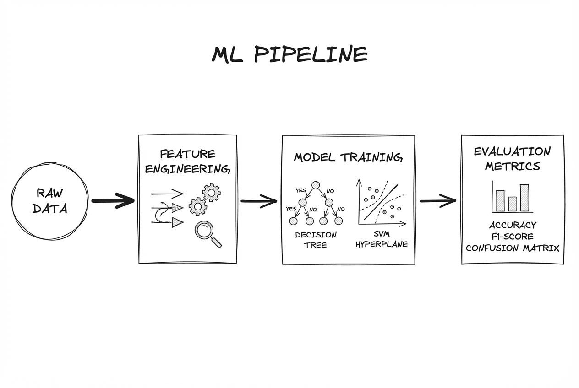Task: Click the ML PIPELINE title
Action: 289,54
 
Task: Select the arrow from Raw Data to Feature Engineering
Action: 113,200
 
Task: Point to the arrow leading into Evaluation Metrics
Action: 438,200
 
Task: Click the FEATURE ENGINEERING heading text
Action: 187,161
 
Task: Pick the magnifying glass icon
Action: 205,232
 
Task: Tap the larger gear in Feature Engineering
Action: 211,193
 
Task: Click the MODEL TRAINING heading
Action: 348,157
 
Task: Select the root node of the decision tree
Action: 315,185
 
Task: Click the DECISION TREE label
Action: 315,240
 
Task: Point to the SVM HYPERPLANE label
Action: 382,240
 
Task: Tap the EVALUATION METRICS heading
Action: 512,158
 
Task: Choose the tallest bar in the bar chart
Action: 524,198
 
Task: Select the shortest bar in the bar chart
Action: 513,204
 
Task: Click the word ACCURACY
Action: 513,225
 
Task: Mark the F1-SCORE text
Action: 513,237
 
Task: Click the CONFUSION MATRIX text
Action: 513,248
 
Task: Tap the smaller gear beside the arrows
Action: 198,206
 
